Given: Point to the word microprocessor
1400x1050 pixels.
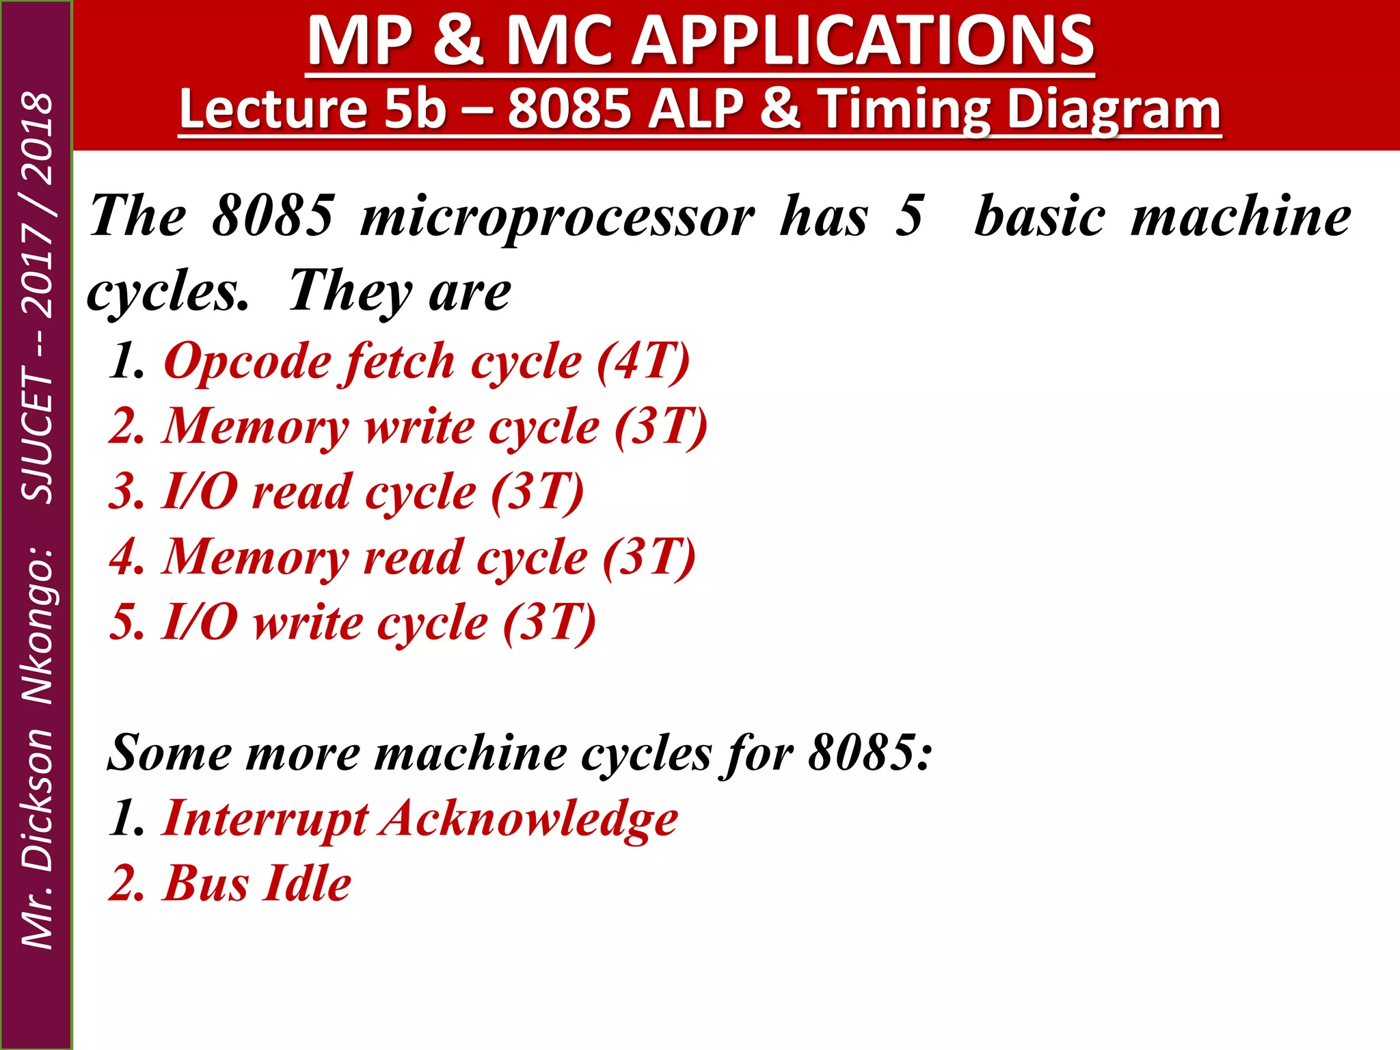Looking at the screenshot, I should [557, 217].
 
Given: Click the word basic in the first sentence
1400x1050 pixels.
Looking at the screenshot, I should [1039, 217].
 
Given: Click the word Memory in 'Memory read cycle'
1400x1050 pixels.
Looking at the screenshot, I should [256, 557].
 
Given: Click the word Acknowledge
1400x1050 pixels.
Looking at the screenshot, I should [530, 819].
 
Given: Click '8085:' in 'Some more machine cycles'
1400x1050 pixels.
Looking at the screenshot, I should [870, 753].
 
